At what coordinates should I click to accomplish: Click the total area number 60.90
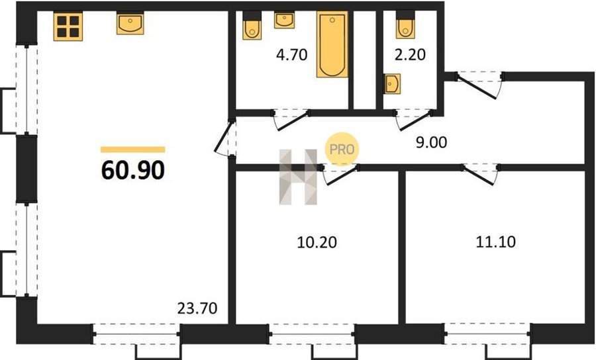(x=133, y=170)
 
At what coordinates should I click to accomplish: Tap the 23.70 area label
(x=197, y=308)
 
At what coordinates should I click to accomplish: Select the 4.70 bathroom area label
(x=291, y=55)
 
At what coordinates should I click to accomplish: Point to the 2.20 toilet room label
(x=410, y=55)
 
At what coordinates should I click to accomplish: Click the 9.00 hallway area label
(x=431, y=142)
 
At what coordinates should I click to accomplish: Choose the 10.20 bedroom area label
(x=317, y=242)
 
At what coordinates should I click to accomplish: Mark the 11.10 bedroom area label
(x=495, y=242)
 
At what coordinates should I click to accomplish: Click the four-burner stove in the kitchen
(x=68, y=26)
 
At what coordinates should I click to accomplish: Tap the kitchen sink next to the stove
(x=130, y=24)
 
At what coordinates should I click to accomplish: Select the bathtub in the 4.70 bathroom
(x=332, y=44)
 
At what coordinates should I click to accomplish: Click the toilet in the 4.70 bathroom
(x=252, y=25)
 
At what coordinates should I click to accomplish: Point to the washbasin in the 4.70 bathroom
(x=284, y=21)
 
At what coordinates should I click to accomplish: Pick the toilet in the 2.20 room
(x=405, y=24)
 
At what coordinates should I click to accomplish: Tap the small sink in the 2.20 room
(x=392, y=83)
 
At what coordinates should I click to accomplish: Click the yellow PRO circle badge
(x=342, y=149)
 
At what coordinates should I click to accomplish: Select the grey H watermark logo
(x=299, y=177)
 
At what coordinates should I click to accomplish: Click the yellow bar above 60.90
(x=133, y=150)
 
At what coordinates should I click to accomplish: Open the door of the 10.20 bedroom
(x=341, y=175)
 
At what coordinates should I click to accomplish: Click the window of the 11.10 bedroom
(x=487, y=334)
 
